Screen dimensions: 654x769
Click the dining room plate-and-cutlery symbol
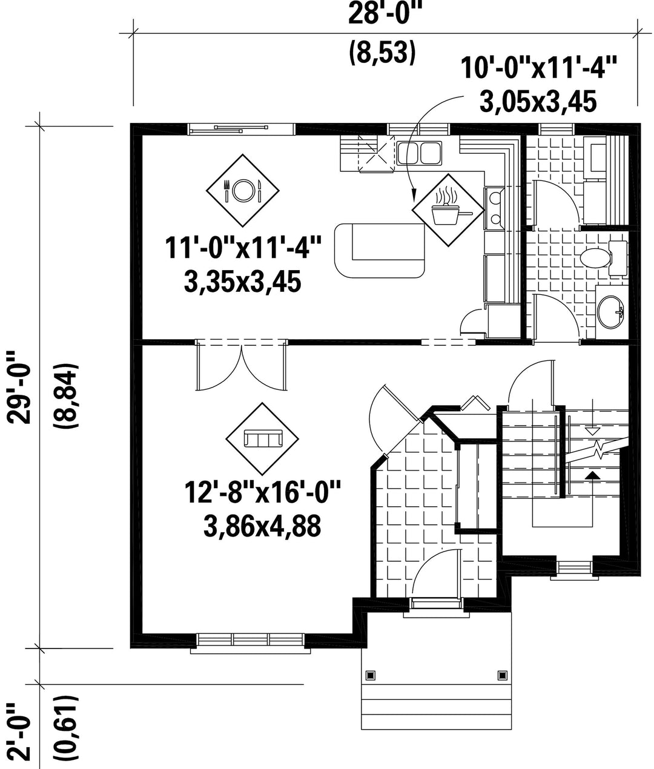[x=243, y=190]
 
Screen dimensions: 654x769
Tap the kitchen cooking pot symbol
[x=448, y=210]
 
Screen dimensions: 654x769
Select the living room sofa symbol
[x=262, y=438]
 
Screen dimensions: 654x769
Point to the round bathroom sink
[x=610, y=312]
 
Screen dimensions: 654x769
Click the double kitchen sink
[x=419, y=153]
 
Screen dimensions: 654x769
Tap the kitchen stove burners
[x=494, y=208]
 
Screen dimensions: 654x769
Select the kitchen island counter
[x=380, y=251]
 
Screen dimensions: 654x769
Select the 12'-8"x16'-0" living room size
[x=262, y=492]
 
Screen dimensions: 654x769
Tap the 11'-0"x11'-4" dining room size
[x=243, y=248]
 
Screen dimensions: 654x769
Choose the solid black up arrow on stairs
[x=593, y=475]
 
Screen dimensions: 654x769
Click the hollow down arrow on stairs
[x=593, y=432]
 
